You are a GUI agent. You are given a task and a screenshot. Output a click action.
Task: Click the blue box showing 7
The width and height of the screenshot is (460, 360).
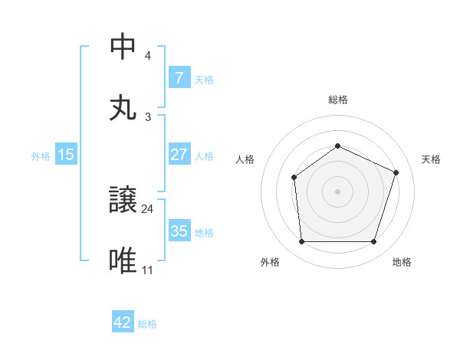pos(179,78)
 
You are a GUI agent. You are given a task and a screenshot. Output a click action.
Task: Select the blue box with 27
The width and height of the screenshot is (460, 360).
pos(179,155)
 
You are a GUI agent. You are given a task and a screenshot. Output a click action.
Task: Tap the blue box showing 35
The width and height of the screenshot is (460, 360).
pos(179,231)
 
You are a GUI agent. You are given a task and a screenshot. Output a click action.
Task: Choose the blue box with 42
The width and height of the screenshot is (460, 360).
pos(123,322)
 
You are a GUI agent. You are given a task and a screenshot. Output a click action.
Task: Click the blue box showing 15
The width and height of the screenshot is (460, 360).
pos(66,155)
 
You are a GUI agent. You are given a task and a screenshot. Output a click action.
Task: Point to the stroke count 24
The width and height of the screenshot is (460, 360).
pos(148,208)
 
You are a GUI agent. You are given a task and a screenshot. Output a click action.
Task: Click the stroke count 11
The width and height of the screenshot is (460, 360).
pos(147,270)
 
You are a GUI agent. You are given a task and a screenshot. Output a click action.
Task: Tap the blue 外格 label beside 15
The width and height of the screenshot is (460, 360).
pos(41,155)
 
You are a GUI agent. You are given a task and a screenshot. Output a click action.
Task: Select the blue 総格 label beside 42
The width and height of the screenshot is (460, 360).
pos(147,323)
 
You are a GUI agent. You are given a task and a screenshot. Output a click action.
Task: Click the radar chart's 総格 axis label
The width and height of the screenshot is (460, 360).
pos(337,100)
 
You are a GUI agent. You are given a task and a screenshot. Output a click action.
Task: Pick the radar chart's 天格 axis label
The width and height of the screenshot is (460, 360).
pos(431,159)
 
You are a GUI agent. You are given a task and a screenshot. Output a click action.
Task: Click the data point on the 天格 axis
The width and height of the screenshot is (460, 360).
pos(396,172)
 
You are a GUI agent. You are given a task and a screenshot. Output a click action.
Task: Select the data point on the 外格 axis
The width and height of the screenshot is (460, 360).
pos(301,241)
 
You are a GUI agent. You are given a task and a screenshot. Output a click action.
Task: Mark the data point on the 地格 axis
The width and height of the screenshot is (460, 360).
pos(373,241)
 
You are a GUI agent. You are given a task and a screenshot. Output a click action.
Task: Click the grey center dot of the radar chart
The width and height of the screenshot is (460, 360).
pos(337,191)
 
